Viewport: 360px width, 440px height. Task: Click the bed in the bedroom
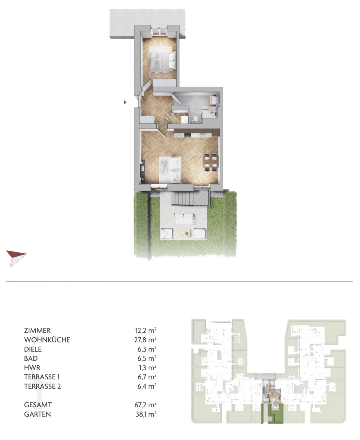[163, 60]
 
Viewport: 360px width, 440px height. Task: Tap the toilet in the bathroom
[195, 119]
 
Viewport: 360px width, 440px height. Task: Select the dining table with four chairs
[211, 162]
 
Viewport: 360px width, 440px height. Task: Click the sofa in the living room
[175, 170]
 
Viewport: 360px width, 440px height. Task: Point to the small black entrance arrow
[125, 102]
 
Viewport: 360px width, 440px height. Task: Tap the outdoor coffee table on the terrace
[184, 233]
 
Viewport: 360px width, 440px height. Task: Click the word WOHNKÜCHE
[47, 340]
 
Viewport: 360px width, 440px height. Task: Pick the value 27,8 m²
[145, 340]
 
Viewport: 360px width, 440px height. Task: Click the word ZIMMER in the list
[37, 330]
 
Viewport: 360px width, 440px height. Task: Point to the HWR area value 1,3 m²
[148, 368]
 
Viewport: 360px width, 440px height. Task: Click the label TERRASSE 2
[43, 386]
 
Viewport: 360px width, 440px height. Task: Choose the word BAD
[31, 358]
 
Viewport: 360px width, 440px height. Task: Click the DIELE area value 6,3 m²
[147, 349]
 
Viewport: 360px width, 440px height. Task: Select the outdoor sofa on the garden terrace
[185, 219]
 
